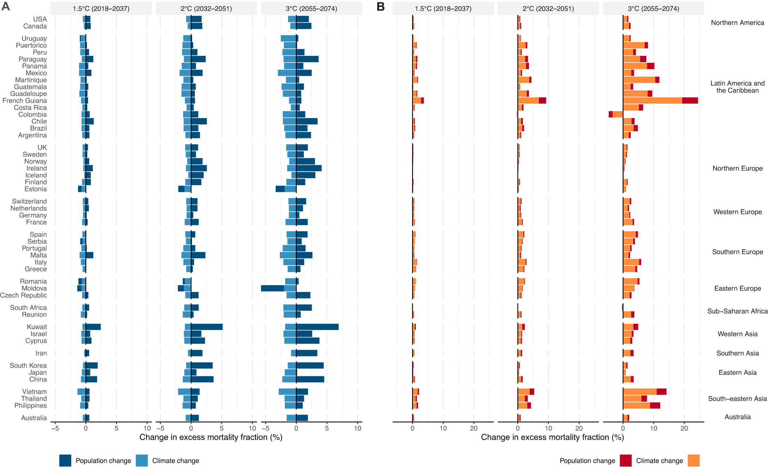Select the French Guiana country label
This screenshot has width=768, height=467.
click(x=25, y=100)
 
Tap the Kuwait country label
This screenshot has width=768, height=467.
click(x=37, y=327)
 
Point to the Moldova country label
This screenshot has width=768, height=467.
click(x=34, y=288)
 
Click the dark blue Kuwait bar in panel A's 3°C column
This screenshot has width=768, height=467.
click(x=317, y=327)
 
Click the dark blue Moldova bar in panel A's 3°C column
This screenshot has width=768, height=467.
click(x=272, y=288)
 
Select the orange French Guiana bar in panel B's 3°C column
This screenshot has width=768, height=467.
click(x=652, y=100)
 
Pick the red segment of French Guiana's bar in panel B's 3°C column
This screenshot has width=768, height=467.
click(x=690, y=100)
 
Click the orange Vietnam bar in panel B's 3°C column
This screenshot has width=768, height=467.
click(x=640, y=392)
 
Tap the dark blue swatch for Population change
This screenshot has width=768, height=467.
click(x=65, y=461)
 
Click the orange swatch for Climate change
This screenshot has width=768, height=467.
click(x=693, y=461)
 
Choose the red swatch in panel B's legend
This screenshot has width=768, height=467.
click(x=626, y=461)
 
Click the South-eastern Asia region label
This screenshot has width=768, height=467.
click(x=737, y=399)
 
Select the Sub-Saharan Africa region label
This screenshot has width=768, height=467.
click(x=737, y=311)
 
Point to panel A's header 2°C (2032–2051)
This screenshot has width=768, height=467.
click(x=206, y=9)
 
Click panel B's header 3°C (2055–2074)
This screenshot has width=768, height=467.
click(x=653, y=9)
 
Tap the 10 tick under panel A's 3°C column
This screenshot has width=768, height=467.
click(x=357, y=428)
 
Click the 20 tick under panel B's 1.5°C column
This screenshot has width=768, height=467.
click(x=474, y=428)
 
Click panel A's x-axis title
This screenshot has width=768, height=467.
click(x=211, y=437)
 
